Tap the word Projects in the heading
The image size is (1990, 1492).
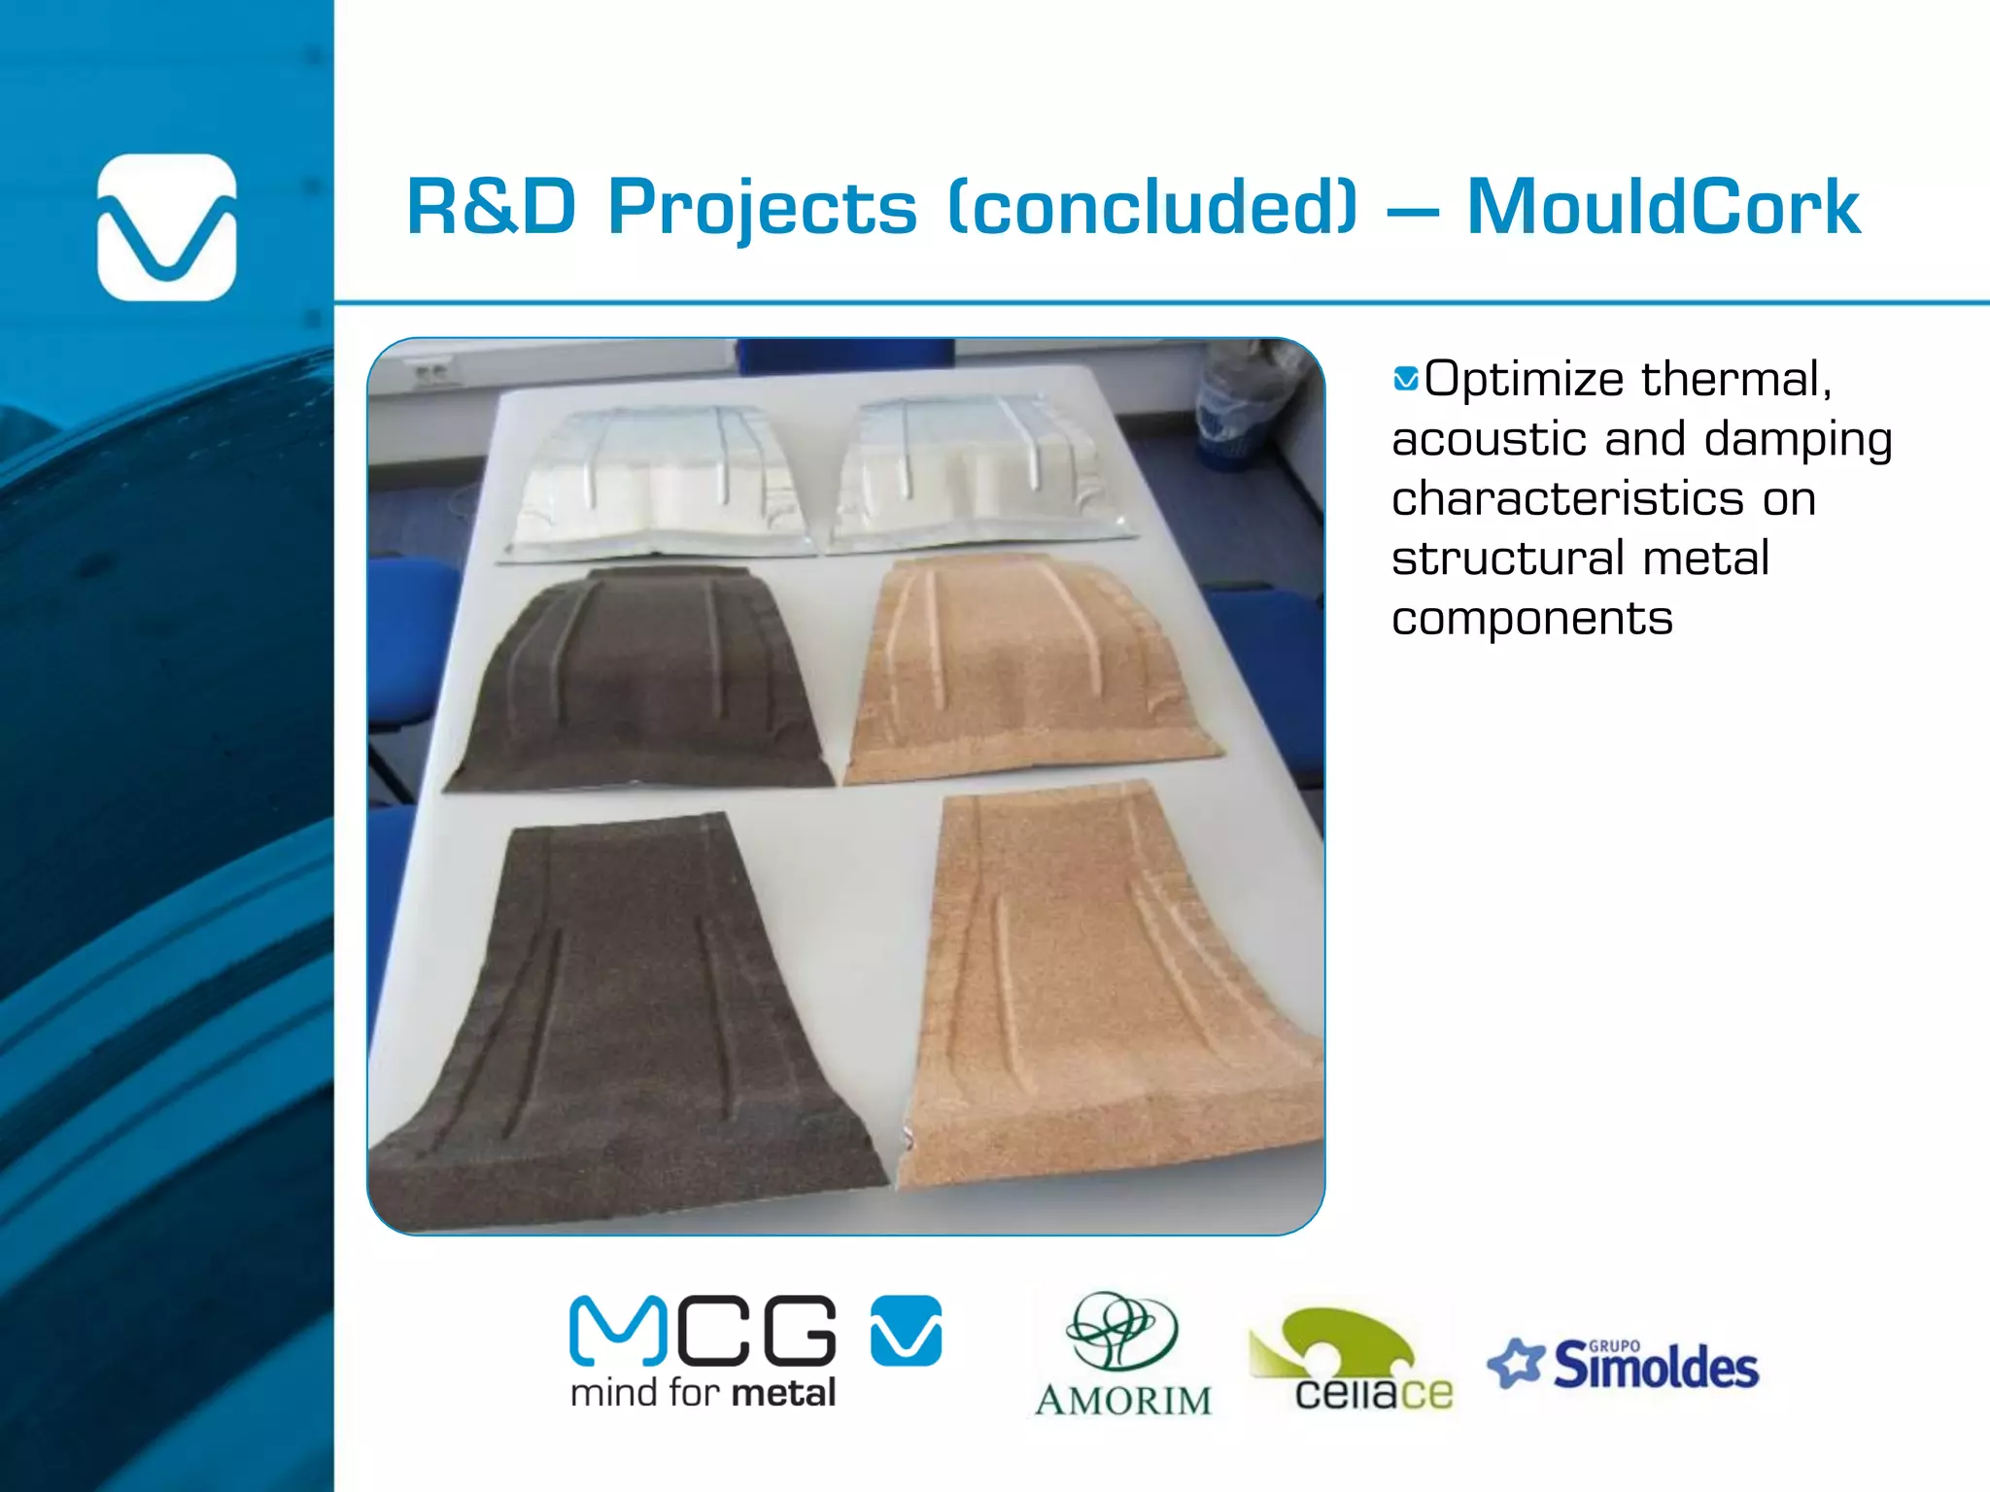762,209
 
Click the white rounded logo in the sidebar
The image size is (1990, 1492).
167,227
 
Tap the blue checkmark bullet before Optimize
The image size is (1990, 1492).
1405,379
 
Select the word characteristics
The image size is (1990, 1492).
1567,499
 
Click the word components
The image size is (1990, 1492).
1531,619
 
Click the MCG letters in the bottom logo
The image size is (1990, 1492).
703,1331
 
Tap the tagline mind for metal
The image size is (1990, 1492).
703,1393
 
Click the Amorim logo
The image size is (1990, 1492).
1123,1356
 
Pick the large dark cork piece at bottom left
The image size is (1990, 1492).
632,1000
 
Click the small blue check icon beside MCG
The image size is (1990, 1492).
906,1330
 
